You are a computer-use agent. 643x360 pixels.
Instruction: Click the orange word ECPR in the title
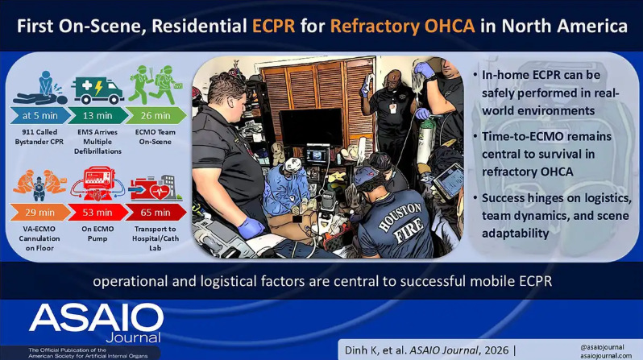273,26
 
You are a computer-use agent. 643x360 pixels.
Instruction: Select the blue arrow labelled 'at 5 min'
39,116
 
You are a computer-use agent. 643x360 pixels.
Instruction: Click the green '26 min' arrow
156,116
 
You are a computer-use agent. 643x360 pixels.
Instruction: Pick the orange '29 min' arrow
39,213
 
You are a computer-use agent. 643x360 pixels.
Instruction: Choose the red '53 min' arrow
97,213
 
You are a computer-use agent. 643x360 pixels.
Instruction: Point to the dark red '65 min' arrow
156,213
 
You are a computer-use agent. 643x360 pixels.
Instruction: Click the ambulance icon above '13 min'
97,90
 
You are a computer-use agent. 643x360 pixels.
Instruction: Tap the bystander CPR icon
39,88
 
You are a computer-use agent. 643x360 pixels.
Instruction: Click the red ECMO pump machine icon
97,184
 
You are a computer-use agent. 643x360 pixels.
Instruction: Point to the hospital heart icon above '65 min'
156,188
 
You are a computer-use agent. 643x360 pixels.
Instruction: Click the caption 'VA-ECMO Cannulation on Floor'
39,238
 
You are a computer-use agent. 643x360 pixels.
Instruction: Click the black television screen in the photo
310,127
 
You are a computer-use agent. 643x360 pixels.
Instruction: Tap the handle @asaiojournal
602,347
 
